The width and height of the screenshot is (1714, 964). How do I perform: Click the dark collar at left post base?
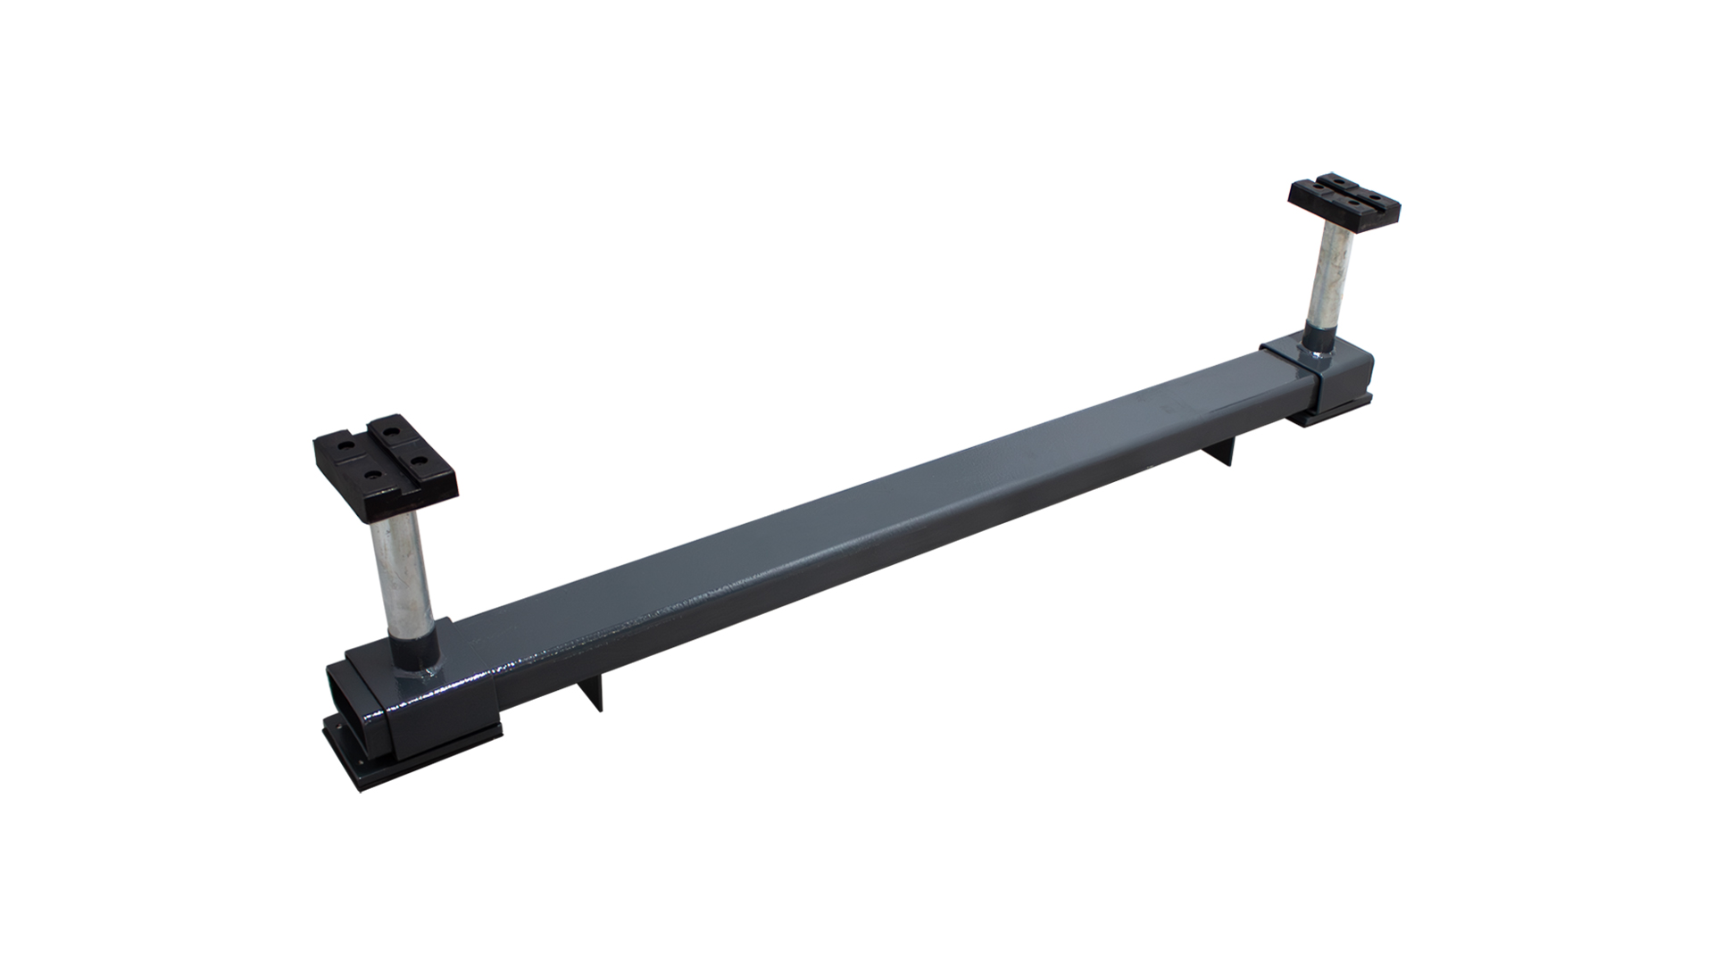tap(412, 643)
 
